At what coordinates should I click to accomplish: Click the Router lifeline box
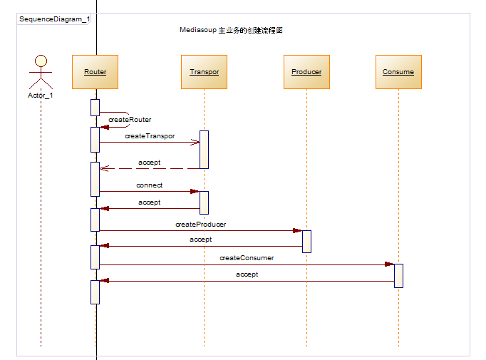click(95, 72)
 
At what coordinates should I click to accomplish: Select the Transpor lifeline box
click(204, 72)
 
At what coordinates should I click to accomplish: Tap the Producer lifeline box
click(306, 72)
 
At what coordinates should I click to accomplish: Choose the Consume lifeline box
click(398, 72)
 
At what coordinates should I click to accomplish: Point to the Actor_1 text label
click(41, 95)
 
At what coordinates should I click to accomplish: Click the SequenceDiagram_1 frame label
click(54, 19)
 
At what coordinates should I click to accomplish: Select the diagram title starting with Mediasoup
click(232, 31)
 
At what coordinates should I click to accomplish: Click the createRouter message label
click(130, 120)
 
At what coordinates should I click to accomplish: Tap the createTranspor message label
click(150, 135)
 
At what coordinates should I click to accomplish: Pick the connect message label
click(150, 185)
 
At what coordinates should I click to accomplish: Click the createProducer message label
click(201, 225)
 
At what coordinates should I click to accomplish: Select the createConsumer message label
click(247, 258)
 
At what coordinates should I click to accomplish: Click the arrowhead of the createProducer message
click(297, 230)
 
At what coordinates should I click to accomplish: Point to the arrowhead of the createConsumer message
click(389, 264)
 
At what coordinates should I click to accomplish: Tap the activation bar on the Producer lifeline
click(306, 241)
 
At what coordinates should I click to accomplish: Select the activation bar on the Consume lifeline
click(398, 275)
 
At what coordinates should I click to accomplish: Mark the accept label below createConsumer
click(247, 274)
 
